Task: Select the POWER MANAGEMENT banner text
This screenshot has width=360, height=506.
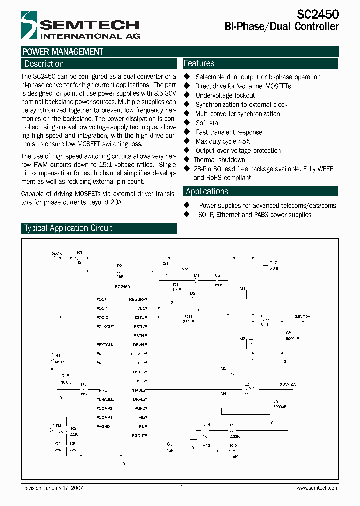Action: coord(63,52)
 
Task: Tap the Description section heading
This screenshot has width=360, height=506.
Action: coord(44,64)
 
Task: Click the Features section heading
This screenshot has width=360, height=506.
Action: coord(199,64)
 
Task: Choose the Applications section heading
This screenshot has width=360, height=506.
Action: coord(207,191)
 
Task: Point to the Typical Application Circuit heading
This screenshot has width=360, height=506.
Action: coord(68,228)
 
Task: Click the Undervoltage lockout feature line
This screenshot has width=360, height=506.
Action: coord(225,95)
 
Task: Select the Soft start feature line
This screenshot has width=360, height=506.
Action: coord(209,123)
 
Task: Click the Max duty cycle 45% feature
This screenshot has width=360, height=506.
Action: coord(222,141)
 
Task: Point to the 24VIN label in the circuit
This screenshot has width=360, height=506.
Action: coord(57,254)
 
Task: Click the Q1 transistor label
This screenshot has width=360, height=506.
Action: coord(165,263)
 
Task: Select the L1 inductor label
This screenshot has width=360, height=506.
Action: coord(263,316)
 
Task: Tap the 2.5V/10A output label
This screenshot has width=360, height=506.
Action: coord(302,316)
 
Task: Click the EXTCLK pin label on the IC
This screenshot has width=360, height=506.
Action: coord(106,345)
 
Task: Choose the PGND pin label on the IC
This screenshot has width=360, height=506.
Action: coord(140,408)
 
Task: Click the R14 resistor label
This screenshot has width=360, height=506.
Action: coord(59,355)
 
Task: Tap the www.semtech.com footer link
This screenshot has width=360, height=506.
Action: coord(317,488)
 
